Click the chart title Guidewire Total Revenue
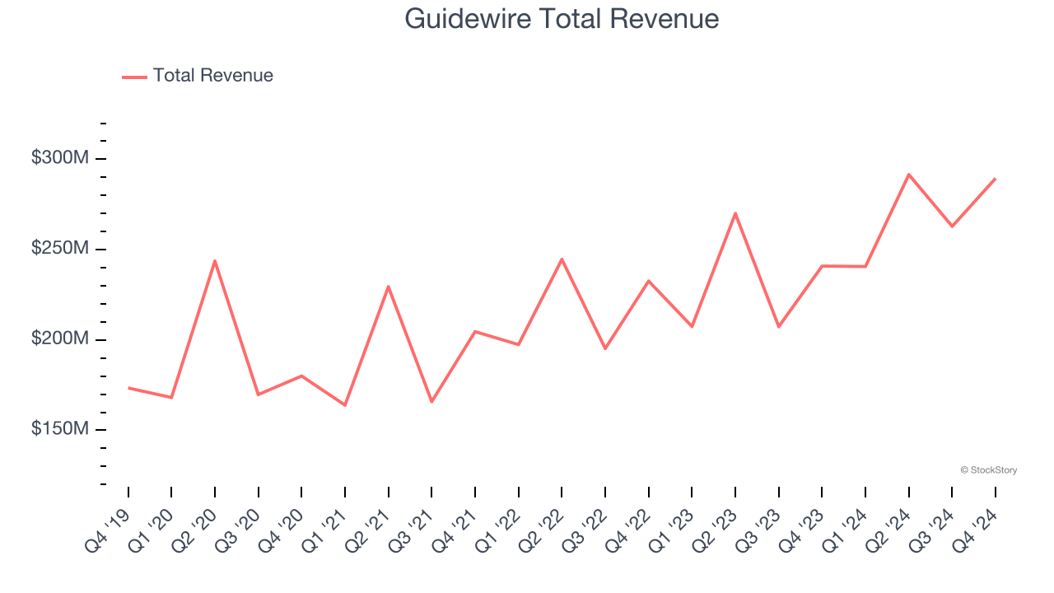(562, 19)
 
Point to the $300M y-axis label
(59, 158)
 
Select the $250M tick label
(59, 249)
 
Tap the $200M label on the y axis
(59, 339)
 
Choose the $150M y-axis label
(59, 429)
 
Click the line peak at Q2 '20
(215, 261)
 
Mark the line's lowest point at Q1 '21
(345, 405)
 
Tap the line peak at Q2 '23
(735, 213)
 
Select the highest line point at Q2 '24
(908, 175)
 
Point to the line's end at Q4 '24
(995, 179)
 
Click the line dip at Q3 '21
(431, 401)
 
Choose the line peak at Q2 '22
(562, 259)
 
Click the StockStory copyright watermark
(988, 470)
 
